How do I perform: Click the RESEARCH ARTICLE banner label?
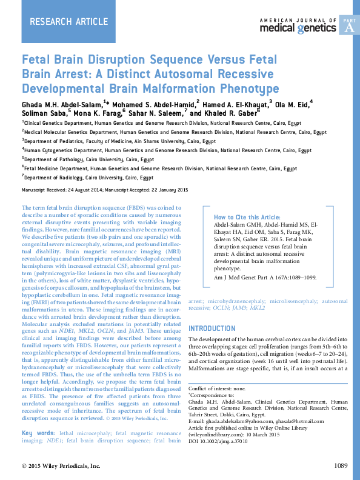click(x=61, y=22)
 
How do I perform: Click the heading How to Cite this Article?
click(x=247, y=217)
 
